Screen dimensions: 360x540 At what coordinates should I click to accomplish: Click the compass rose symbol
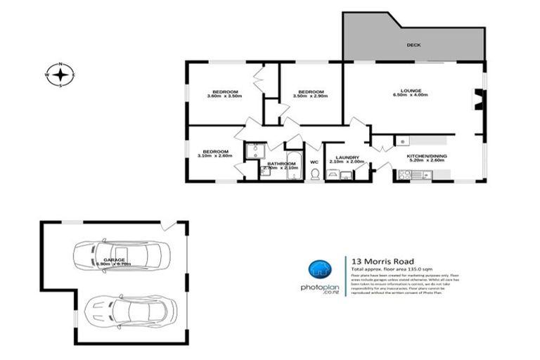60,74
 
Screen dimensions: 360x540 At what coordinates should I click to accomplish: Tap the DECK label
413,46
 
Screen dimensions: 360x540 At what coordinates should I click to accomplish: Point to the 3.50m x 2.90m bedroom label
310,94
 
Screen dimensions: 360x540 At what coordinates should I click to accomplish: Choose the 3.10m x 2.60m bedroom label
215,153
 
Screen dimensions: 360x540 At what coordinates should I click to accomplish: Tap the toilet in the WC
315,173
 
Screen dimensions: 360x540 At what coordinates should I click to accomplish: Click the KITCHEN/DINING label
427,157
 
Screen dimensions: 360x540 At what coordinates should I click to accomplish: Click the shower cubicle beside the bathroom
253,150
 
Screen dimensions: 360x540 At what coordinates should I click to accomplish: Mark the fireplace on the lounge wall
477,101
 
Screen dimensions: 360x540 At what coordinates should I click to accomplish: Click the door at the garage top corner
167,225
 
